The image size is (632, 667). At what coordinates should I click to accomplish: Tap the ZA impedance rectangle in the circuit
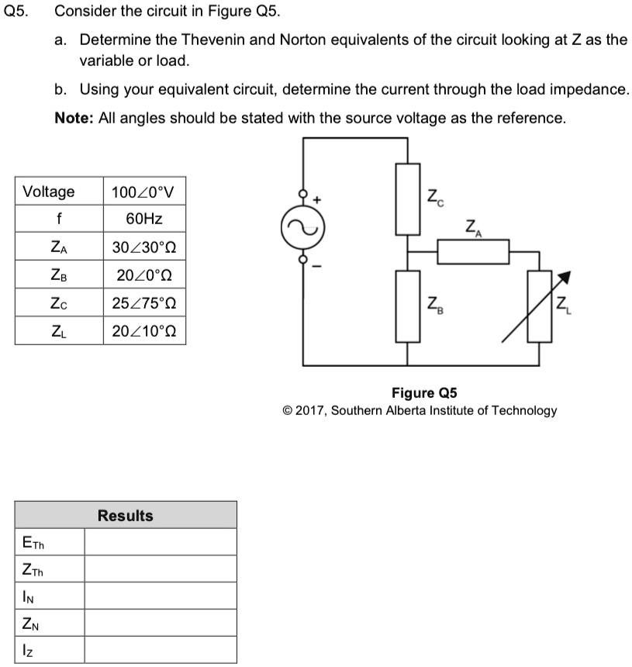[472, 251]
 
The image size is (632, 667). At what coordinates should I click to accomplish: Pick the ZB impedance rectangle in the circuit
[408, 306]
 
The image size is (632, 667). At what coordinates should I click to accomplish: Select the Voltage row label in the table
[49, 192]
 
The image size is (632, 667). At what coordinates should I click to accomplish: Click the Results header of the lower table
[126, 516]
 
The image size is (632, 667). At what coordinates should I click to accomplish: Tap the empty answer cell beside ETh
[160, 542]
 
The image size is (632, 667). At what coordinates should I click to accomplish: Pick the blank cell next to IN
[160, 596]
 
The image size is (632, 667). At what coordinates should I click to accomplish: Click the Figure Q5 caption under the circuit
[419, 392]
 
